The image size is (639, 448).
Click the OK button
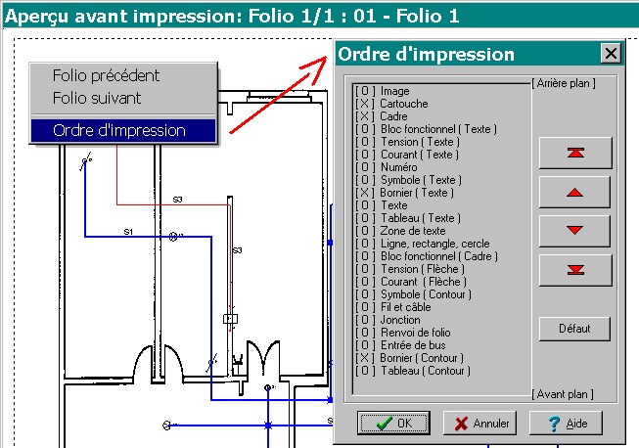[393, 423]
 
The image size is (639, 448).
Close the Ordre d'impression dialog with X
[611, 54]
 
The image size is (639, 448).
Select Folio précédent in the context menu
[106, 75]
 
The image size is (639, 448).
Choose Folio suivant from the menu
[97, 98]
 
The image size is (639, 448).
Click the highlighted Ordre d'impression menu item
[119, 130]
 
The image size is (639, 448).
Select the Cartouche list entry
[403, 104]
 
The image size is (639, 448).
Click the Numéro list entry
[399, 167]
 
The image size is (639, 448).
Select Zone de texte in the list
[412, 231]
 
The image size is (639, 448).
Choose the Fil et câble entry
[407, 307]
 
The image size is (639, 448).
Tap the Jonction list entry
[400, 320]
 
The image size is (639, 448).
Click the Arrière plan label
[564, 83]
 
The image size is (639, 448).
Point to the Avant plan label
[562, 394]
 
